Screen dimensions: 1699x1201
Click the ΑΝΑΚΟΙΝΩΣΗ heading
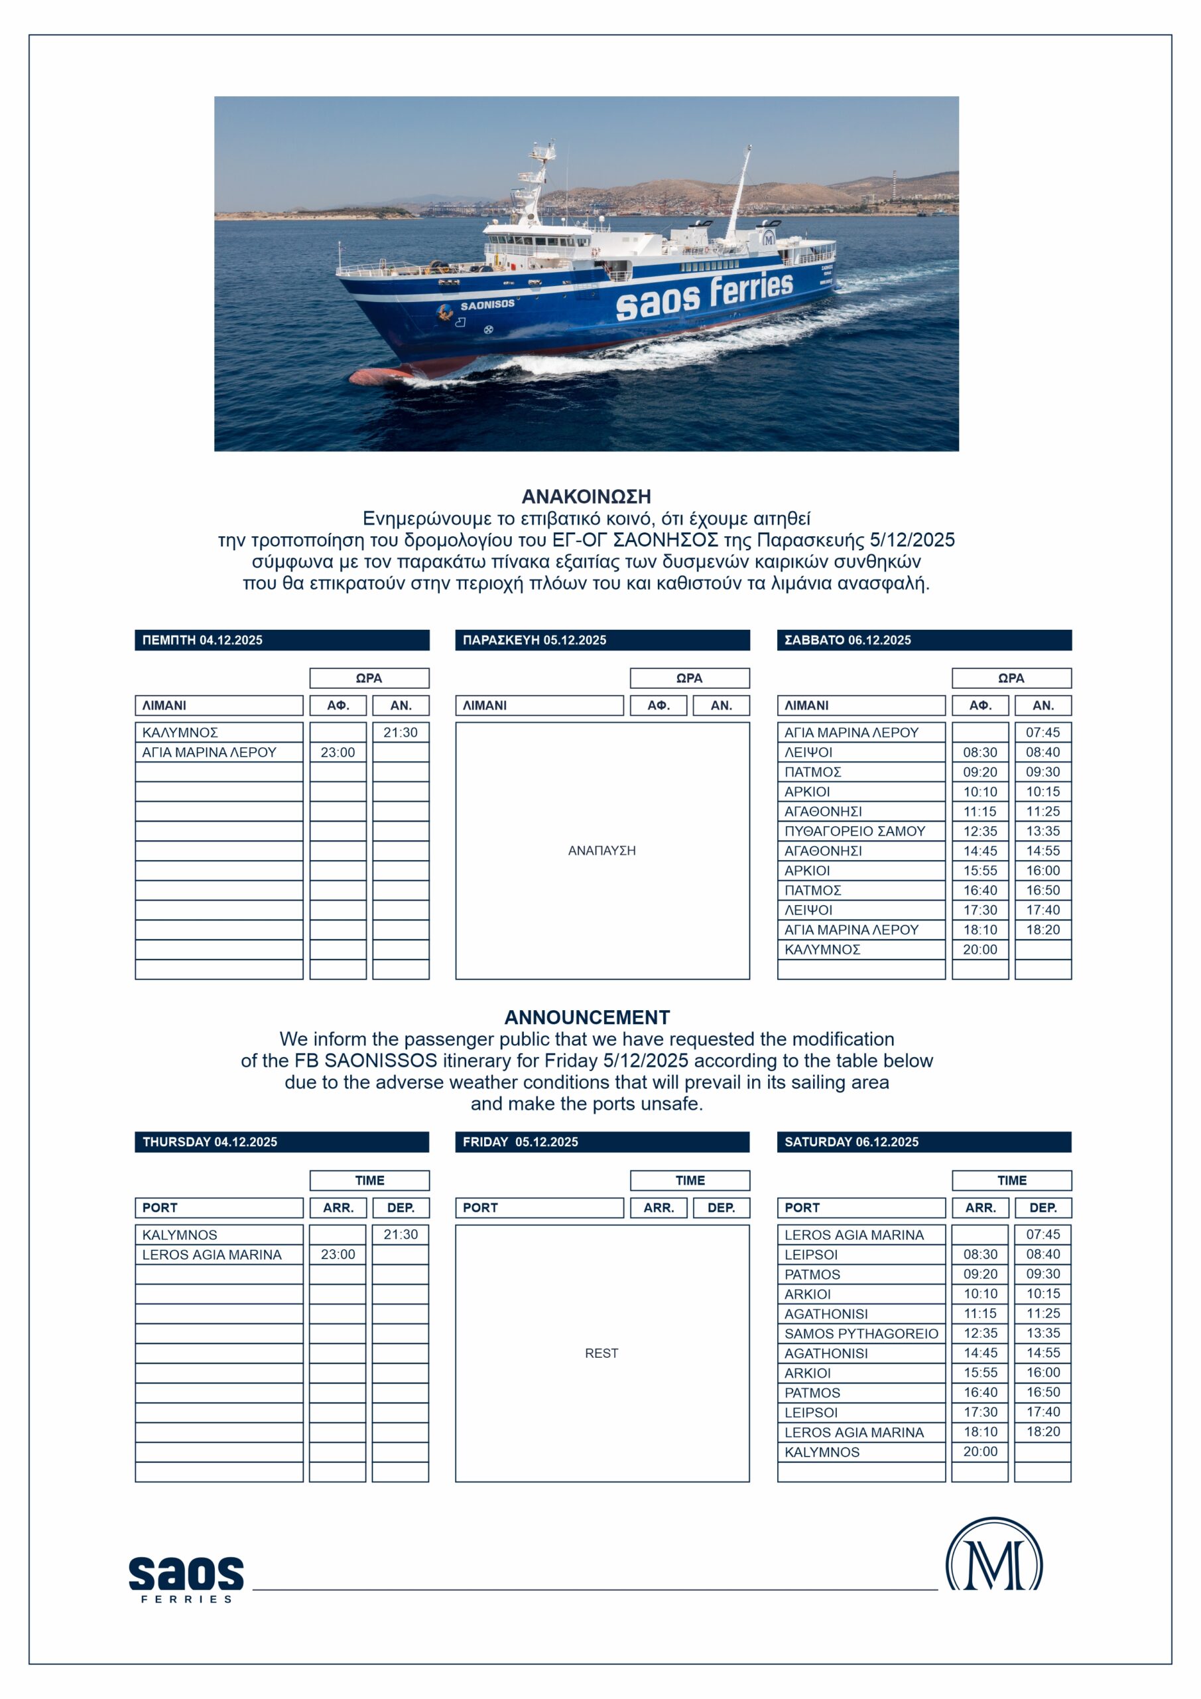[586, 496]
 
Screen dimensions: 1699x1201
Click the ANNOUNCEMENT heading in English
[586, 1017]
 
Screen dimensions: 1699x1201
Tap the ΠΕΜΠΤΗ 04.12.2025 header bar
[281, 640]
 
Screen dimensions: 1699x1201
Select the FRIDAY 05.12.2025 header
[602, 1142]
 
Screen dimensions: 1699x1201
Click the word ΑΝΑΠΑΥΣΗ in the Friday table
[601, 851]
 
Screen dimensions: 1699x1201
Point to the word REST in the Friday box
[601, 1353]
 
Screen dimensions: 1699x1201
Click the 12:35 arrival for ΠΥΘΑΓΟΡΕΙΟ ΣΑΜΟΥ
[980, 831]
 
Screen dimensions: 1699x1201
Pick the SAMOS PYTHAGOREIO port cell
[861, 1333]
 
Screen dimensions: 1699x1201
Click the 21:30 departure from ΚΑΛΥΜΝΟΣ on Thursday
[400, 733]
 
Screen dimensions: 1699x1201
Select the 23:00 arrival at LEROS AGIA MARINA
[338, 1254]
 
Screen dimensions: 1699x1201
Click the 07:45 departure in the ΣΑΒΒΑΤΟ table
[1043, 733]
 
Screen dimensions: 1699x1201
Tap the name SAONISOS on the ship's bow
[487, 304]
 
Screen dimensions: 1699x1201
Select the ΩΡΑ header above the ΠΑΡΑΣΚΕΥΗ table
[689, 678]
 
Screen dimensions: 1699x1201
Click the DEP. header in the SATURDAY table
[1043, 1208]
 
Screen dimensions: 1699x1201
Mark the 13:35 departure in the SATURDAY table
[1043, 1333]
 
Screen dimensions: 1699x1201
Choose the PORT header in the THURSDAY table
[219, 1208]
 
